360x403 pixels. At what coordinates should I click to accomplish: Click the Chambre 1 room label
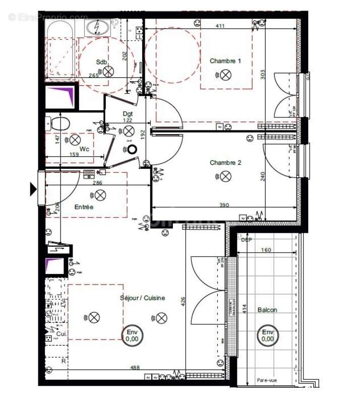(225, 61)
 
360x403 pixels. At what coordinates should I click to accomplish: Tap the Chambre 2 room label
(225, 163)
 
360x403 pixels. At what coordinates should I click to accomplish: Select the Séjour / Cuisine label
(142, 298)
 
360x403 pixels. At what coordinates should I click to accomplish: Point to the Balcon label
(267, 310)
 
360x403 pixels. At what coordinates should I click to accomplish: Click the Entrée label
(84, 207)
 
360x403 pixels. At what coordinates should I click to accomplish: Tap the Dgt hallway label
(128, 114)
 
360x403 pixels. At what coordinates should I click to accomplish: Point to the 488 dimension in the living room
(135, 368)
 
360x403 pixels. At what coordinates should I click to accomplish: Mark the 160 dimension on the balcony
(266, 250)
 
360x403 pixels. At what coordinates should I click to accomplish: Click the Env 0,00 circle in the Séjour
(132, 335)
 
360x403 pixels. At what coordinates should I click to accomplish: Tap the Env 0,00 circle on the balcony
(267, 335)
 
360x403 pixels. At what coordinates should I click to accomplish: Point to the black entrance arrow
(33, 189)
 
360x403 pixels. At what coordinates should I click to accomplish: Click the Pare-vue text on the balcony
(267, 381)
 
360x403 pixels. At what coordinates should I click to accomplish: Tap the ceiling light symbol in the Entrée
(100, 195)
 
